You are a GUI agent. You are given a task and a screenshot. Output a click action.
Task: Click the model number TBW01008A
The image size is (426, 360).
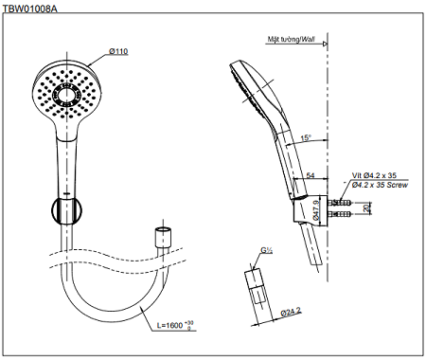(30, 9)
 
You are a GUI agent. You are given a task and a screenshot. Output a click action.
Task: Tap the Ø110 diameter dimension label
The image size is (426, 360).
(118, 51)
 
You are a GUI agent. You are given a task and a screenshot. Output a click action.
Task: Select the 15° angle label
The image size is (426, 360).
(306, 137)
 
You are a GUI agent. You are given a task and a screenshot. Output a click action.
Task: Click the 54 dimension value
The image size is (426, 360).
(311, 175)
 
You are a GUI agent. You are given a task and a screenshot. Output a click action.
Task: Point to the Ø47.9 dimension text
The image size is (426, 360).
(316, 210)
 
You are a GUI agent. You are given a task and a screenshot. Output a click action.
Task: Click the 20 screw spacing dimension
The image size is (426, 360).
(366, 208)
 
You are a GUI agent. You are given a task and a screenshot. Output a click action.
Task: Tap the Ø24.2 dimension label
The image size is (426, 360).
(291, 312)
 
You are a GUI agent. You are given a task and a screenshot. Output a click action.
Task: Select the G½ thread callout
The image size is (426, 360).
(266, 250)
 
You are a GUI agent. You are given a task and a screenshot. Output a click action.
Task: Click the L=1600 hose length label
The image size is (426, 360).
(175, 325)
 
